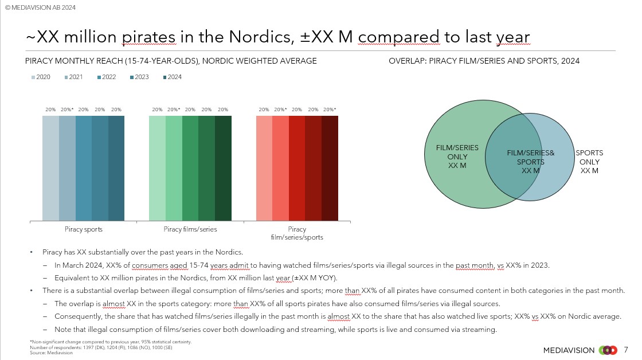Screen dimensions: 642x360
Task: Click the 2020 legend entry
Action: (x=41, y=77)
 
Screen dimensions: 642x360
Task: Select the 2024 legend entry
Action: (x=173, y=77)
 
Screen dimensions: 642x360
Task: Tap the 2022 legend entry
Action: (x=107, y=77)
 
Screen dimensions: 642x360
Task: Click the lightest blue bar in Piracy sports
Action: (x=51, y=169)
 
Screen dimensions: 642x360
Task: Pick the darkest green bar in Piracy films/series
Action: (x=223, y=169)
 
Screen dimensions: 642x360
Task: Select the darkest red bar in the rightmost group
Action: (x=330, y=169)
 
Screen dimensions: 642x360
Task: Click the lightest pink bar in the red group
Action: (x=264, y=169)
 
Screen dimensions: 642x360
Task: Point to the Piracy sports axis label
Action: (x=84, y=229)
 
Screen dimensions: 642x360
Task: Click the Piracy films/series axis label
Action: (x=190, y=229)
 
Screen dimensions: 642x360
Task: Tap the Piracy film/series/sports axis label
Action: (x=297, y=233)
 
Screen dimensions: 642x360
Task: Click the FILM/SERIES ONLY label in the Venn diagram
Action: (x=457, y=156)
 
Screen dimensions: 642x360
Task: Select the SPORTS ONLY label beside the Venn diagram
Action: (x=589, y=162)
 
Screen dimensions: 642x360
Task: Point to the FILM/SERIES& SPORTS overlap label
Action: (x=531, y=162)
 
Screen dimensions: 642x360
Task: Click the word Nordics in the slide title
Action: (x=261, y=37)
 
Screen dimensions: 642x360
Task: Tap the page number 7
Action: (x=625, y=350)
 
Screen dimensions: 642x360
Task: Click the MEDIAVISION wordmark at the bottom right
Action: (x=569, y=350)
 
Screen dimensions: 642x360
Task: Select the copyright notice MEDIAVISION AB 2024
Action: (x=40, y=7)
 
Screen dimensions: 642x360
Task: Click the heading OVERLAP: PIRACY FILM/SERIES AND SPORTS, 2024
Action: (x=484, y=61)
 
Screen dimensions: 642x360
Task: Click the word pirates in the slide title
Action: (x=149, y=37)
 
